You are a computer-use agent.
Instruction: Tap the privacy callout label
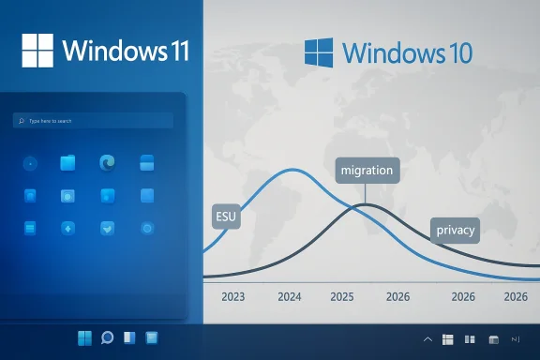click(x=456, y=230)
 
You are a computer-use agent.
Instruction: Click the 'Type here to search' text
click(x=51, y=121)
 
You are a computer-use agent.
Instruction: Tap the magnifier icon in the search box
click(x=21, y=121)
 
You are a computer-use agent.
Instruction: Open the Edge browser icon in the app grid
click(x=107, y=163)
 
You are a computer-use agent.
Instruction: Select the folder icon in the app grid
click(x=67, y=163)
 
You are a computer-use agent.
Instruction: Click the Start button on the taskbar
click(x=83, y=337)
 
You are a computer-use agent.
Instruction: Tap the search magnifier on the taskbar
click(x=107, y=337)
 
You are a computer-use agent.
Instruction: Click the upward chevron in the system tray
click(x=428, y=338)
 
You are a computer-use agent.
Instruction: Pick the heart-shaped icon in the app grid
click(x=107, y=228)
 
